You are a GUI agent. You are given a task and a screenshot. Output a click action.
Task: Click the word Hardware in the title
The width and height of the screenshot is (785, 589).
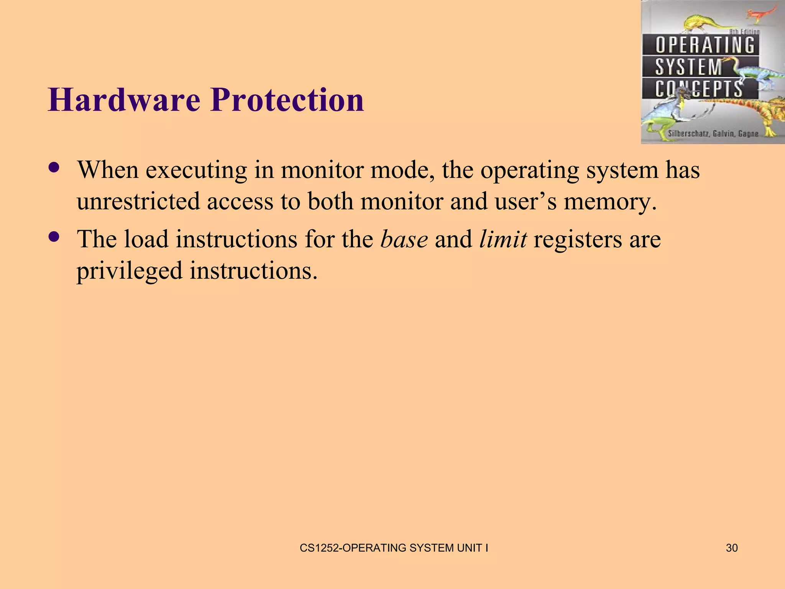(x=124, y=100)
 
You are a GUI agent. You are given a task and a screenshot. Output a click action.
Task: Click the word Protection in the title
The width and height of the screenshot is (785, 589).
(x=287, y=100)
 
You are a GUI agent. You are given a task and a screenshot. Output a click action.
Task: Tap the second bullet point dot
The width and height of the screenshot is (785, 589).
(x=54, y=237)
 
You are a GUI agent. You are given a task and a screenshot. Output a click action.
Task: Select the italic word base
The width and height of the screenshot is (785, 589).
(x=404, y=239)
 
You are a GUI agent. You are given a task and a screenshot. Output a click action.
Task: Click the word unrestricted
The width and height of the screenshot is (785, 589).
(x=138, y=201)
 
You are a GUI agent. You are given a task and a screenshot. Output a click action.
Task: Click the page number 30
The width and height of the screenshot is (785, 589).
(x=731, y=548)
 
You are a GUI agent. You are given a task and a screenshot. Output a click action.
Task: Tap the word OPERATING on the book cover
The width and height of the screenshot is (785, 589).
(x=705, y=45)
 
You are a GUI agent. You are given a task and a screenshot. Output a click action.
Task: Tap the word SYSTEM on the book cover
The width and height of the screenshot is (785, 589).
(x=688, y=67)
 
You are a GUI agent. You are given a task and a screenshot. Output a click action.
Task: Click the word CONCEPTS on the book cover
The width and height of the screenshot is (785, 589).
(x=698, y=89)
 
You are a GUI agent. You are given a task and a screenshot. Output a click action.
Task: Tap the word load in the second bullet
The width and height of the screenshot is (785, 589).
(x=146, y=239)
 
